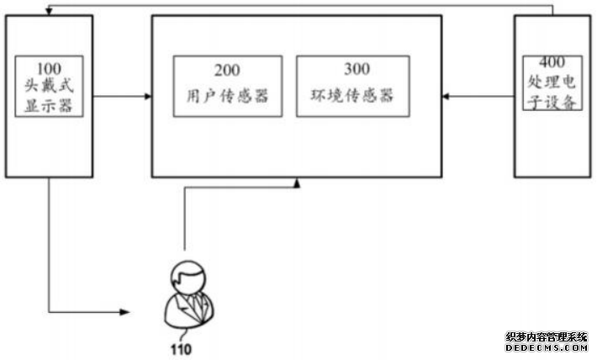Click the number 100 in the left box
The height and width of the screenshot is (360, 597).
click(x=50, y=65)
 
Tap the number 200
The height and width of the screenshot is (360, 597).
click(x=226, y=70)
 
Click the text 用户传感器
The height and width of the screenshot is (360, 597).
click(x=226, y=96)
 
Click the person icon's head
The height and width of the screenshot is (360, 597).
click(x=186, y=277)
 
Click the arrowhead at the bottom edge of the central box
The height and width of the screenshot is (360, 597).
click(x=297, y=182)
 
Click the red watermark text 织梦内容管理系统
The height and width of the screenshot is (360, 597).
click(x=547, y=336)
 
